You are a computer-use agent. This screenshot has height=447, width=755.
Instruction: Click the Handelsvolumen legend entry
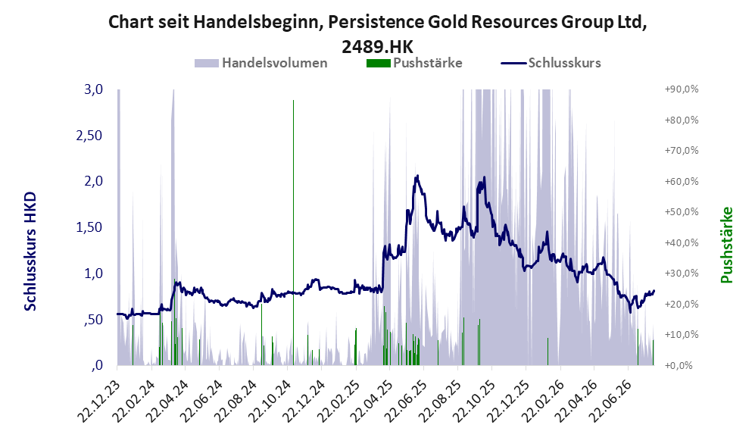point(261,63)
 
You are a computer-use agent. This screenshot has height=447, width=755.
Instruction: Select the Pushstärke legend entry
point(414,63)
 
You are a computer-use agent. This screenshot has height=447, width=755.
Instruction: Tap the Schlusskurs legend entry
point(551,63)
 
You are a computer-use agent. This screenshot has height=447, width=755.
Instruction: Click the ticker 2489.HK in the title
point(377,47)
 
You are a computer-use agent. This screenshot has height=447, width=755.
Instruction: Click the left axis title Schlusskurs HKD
point(30,252)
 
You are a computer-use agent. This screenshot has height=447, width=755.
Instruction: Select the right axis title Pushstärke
point(726,245)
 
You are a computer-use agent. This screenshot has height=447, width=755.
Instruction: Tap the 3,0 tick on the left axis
point(93,89)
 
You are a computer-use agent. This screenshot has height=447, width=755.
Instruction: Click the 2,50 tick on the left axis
point(89,136)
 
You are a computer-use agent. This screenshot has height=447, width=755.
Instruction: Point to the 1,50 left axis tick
point(89,227)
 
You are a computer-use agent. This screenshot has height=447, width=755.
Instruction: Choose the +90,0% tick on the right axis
point(682,89)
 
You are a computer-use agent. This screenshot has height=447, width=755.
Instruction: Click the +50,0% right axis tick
point(682,212)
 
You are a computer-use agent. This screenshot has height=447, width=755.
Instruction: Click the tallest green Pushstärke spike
point(293,233)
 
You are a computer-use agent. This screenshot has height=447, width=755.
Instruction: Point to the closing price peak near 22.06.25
point(417,176)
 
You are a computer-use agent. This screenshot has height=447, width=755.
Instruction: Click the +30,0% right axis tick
point(682,274)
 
